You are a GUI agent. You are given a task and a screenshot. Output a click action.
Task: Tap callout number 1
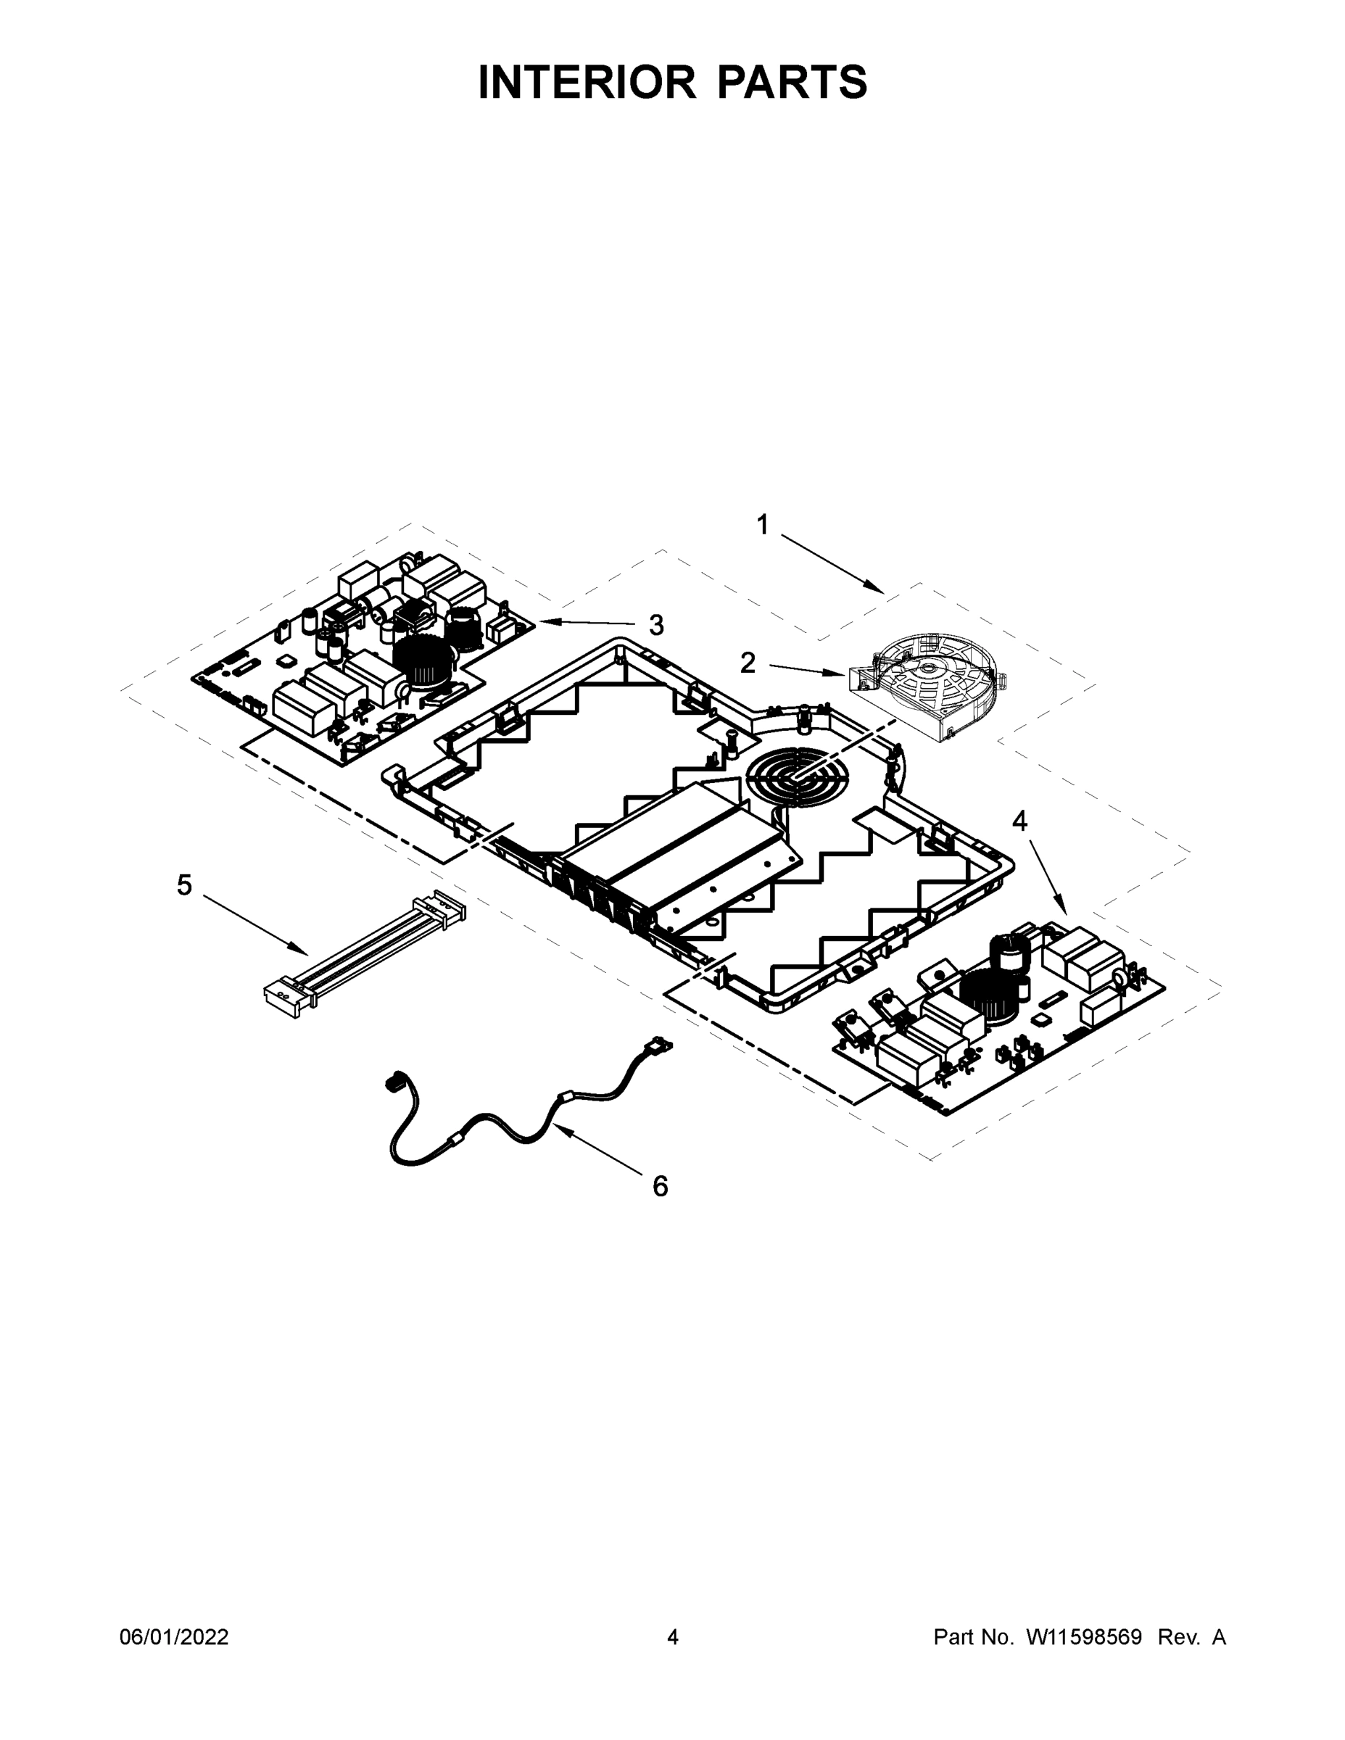point(763,525)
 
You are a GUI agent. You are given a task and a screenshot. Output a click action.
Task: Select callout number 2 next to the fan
point(748,662)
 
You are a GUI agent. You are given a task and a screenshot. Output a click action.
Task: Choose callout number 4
point(1020,821)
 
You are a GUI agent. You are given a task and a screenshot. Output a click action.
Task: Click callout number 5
point(184,885)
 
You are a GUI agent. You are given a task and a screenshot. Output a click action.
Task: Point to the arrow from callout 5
point(255,924)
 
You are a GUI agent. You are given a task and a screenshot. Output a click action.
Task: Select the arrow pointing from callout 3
point(589,622)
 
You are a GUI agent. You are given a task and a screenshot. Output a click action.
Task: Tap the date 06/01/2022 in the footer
point(174,1637)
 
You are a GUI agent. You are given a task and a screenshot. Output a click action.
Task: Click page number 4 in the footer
point(673,1637)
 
